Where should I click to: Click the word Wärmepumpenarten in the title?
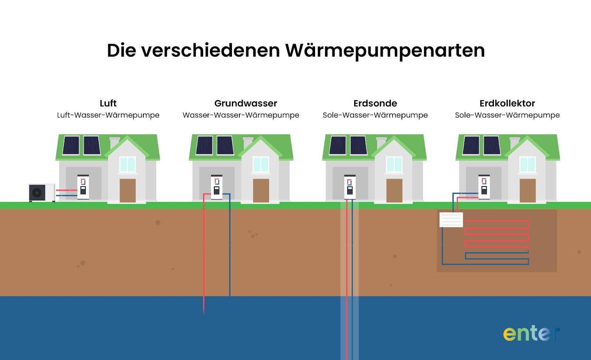point(385,51)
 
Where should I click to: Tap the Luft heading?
point(108,103)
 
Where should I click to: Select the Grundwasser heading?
point(246,103)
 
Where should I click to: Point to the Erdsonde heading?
point(375,103)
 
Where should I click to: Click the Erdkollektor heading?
point(507,103)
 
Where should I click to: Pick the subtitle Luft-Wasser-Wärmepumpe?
point(108,115)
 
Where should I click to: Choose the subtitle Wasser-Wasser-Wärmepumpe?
point(241,115)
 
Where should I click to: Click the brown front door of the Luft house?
point(127,191)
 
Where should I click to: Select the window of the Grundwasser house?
point(261,164)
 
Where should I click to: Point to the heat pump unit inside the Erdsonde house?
point(350,187)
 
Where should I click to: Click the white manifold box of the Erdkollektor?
point(451,220)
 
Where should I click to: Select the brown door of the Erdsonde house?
point(394,191)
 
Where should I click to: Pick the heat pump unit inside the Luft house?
point(83,187)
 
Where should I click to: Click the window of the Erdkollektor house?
point(527,164)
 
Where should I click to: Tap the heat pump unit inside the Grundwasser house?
point(216,187)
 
